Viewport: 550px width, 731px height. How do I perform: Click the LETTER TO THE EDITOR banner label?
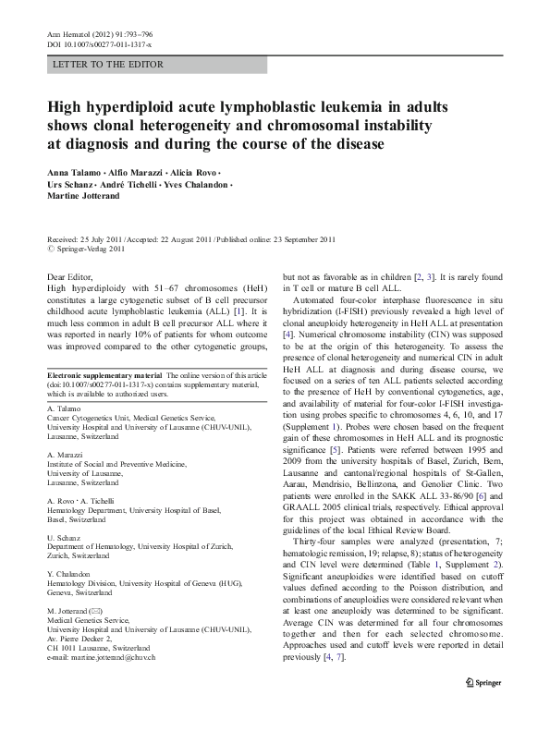[x=109, y=65]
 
